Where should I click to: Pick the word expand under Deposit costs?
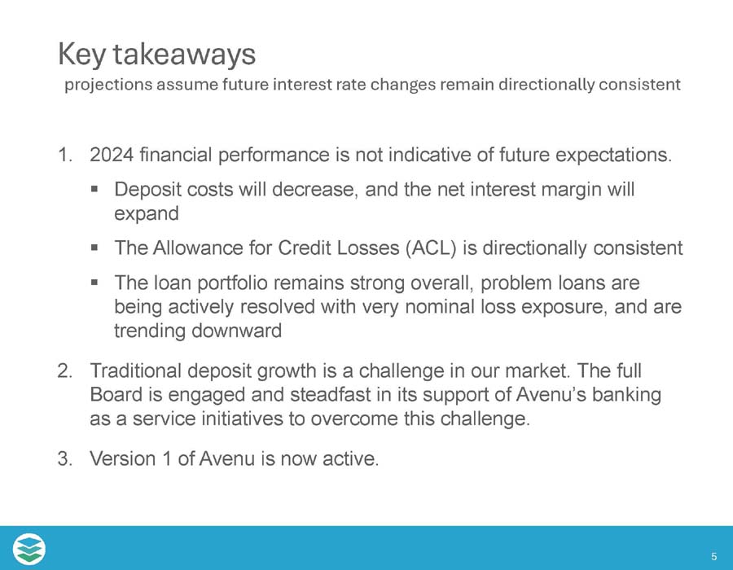[x=147, y=213]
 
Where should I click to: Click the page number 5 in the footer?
[x=713, y=557]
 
